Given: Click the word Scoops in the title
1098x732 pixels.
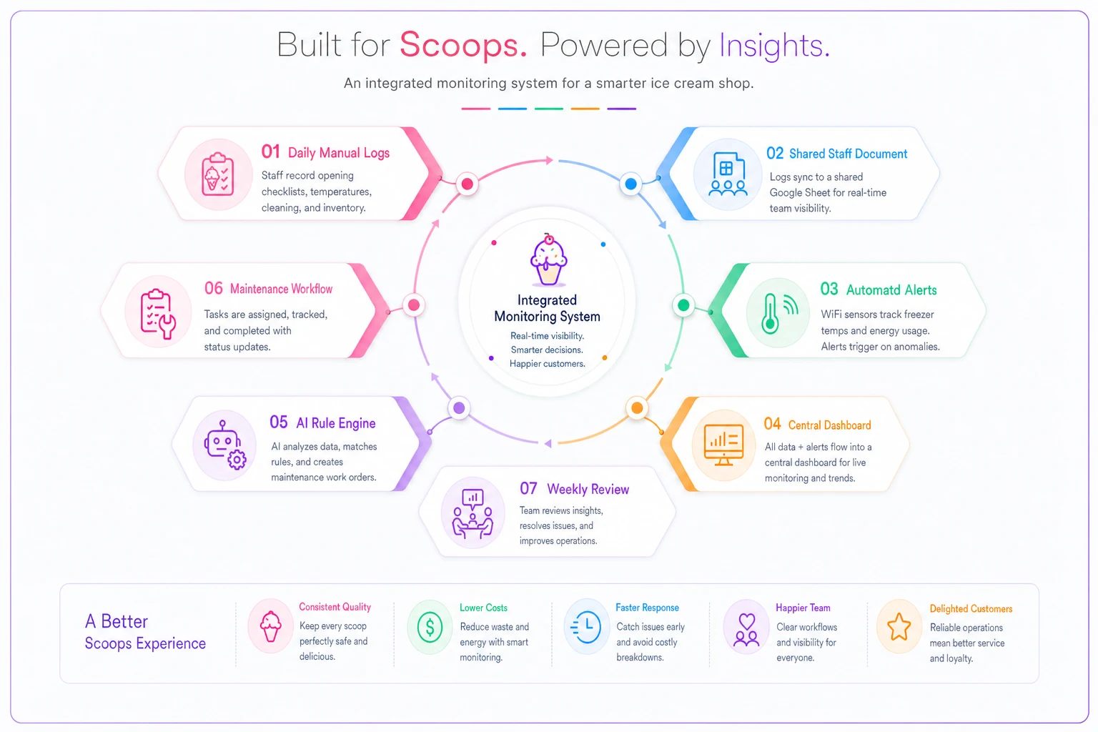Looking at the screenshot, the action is tap(463, 45).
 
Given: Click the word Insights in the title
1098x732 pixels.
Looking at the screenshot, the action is tap(774, 45).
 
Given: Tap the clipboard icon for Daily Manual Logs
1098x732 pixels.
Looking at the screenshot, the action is tap(218, 174).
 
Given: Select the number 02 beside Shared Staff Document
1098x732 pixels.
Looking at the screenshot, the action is tap(775, 153).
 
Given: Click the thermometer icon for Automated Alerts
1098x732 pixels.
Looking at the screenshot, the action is tap(779, 313).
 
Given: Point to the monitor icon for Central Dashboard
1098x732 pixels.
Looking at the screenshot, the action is tap(723, 445).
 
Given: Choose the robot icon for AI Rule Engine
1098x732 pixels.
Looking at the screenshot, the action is tap(225, 445).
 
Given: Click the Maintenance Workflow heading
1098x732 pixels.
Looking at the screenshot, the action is tap(282, 289).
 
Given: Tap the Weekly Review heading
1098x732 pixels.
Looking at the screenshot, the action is tap(588, 489).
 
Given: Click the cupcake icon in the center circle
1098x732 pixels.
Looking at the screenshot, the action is tap(548, 259).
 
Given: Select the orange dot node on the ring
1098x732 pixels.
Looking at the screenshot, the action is tap(637, 408).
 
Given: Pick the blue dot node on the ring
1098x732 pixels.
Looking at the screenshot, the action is tap(631, 184).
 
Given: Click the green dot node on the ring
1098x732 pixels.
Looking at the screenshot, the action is tap(683, 305).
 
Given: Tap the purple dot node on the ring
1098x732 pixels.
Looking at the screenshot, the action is tap(459, 408).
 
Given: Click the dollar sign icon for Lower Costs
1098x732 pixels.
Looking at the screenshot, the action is tap(430, 627).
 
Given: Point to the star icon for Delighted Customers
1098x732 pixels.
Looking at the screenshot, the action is tap(899, 627).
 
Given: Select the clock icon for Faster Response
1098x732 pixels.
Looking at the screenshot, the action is tap(586, 627).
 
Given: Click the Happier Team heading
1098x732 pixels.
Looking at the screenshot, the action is tap(803, 608).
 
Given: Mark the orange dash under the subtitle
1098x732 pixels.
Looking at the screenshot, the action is tap(585, 109).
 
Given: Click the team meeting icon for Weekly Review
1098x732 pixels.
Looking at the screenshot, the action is tap(473, 513).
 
